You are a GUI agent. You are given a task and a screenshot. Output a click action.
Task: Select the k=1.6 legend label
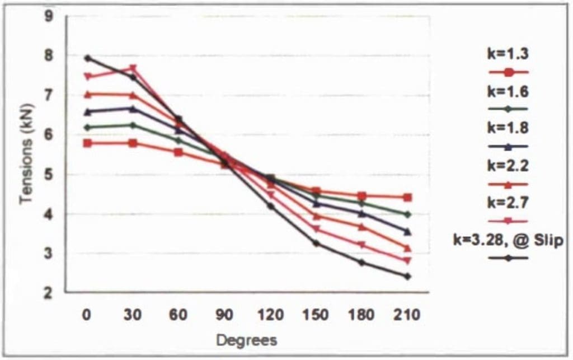(508, 91)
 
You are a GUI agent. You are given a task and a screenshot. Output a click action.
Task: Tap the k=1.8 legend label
(508, 128)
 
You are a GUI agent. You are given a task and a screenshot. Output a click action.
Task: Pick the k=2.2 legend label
(508, 166)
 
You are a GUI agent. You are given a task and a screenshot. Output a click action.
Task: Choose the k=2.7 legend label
(508, 203)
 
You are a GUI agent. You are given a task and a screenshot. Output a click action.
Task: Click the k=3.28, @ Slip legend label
(508, 240)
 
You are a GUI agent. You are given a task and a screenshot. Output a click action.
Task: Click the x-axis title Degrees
(247, 340)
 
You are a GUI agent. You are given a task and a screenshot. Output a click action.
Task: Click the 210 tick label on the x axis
(407, 315)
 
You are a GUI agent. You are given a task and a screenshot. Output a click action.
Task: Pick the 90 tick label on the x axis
(224, 315)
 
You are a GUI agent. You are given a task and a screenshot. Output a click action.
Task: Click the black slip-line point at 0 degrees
(88, 58)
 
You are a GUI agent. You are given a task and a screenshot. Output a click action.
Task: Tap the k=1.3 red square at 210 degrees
(407, 197)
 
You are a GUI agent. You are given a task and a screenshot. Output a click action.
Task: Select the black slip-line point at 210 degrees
(407, 276)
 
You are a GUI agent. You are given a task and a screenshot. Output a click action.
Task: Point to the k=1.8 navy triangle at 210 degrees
(407, 231)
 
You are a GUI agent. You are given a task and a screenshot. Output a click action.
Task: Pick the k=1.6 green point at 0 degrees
(88, 127)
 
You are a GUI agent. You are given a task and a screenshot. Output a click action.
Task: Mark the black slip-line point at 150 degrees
(316, 243)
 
